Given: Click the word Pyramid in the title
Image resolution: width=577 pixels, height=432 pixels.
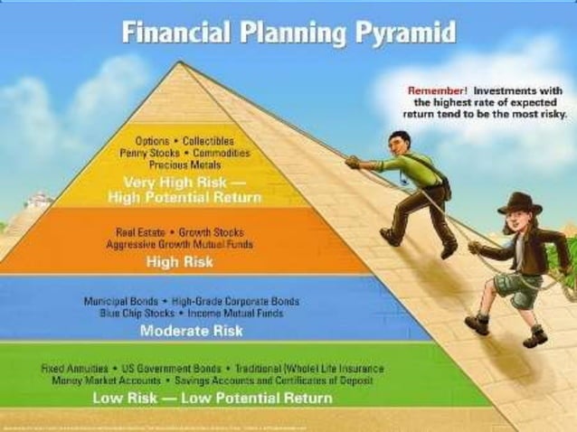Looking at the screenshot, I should [x=403, y=35].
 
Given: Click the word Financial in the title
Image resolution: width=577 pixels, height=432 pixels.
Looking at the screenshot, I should [x=173, y=35].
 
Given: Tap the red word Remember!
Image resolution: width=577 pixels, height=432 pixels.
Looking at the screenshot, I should [x=437, y=91].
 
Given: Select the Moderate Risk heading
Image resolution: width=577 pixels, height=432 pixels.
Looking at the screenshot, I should [x=191, y=331].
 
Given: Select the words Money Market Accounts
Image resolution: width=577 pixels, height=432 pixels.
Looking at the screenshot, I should [x=98, y=380].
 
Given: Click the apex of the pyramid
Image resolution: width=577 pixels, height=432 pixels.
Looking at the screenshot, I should [x=182, y=62].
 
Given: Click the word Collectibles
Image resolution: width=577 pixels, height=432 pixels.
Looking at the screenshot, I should [x=208, y=142].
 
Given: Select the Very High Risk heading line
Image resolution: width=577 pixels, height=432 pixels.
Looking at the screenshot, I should [x=185, y=181].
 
